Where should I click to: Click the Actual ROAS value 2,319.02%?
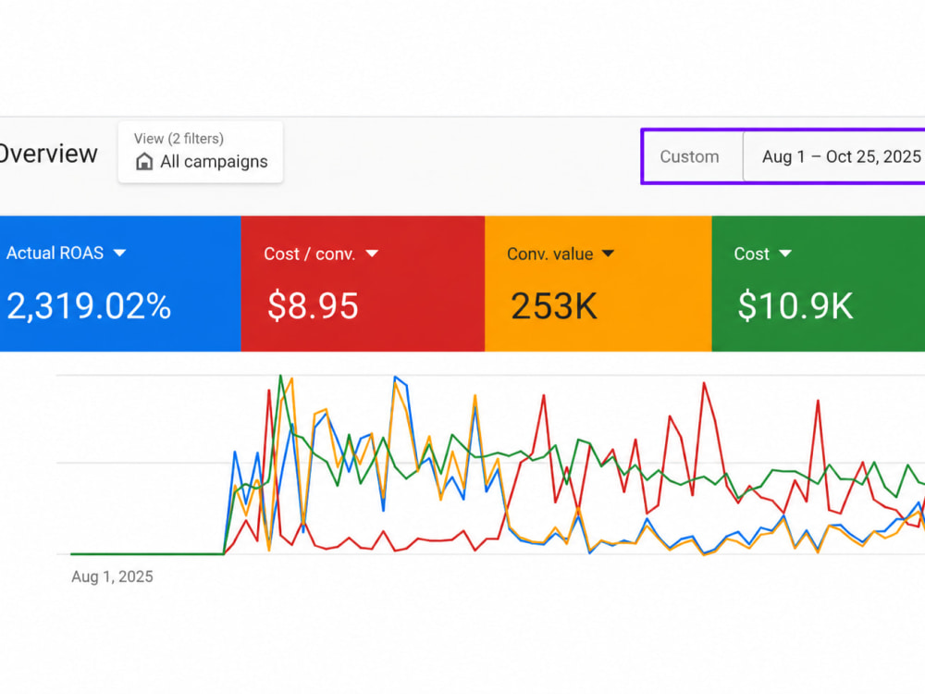[x=89, y=306]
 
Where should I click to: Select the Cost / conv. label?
[x=309, y=254]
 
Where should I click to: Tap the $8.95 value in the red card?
[x=313, y=305]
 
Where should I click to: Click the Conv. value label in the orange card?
[x=549, y=254]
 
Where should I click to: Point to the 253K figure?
[x=554, y=306]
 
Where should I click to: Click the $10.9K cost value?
[x=795, y=305]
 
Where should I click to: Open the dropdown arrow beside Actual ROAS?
[x=119, y=254]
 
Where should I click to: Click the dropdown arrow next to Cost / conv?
[x=372, y=254]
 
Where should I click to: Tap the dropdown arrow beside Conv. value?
[x=609, y=254]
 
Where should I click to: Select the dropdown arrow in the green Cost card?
[x=785, y=254]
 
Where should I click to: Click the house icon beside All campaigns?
[x=144, y=162]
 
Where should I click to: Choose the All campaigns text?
[x=215, y=162]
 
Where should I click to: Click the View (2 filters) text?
[x=179, y=139]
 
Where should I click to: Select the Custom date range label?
[x=689, y=156]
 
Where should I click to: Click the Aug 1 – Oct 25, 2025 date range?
[x=842, y=156]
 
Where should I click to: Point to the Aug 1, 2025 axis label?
[x=112, y=576]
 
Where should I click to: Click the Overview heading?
[x=48, y=154]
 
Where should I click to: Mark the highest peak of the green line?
[x=281, y=376]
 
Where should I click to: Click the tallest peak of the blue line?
[x=395, y=377]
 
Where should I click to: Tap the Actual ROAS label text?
[x=55, y=254]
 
